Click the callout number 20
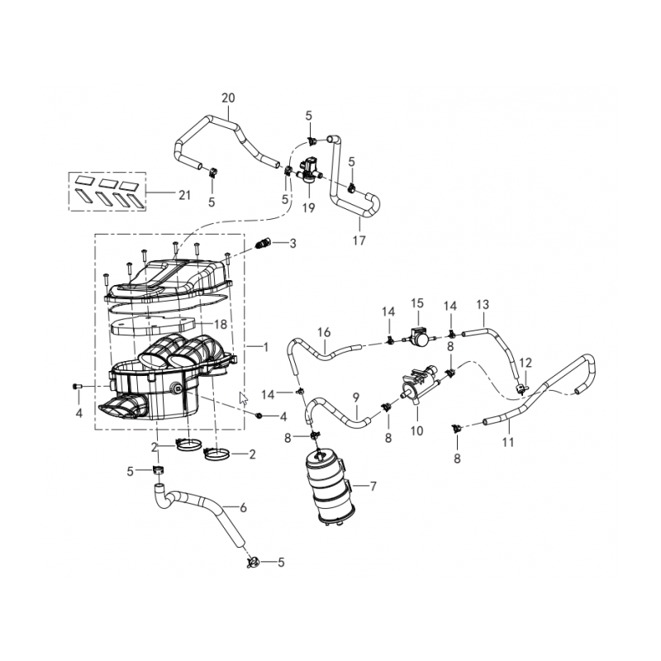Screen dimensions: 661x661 228,98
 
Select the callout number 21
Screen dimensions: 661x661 184,195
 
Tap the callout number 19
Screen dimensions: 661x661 309,208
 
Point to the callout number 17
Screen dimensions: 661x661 359,240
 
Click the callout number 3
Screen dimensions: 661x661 292,244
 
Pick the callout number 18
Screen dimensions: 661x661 221,324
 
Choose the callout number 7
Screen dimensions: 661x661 373,487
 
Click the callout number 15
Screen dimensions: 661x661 417,303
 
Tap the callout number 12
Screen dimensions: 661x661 525,363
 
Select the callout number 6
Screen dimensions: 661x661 243,508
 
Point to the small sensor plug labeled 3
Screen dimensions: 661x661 264,244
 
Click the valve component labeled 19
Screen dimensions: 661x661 309,171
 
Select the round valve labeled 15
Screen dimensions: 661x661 418,335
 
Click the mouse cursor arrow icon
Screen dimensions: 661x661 243,398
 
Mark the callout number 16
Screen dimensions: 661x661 324,333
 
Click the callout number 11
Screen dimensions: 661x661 508,443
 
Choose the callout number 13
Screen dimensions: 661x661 483,304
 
